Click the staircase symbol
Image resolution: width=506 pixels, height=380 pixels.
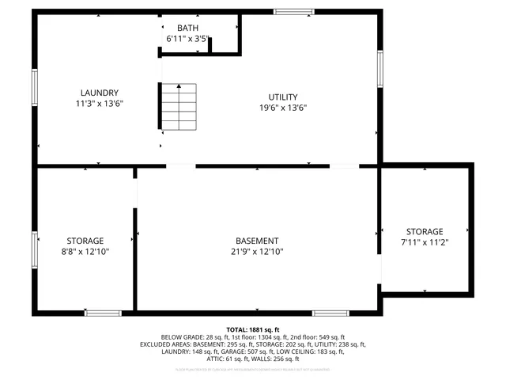(179, 108)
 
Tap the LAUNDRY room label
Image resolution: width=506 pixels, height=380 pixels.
(99, 92)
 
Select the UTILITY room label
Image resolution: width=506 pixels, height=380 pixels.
(283, 97)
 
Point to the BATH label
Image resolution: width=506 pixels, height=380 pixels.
(187, 28)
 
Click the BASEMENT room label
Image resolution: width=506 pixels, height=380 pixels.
(257, 241)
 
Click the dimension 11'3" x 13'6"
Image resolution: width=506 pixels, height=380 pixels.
(99, 103)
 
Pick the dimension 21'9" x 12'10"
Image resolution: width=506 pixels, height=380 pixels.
(257, 252)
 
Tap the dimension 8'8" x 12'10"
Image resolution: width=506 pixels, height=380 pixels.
(85, 252)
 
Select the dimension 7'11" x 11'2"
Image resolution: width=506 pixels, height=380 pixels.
(425, 242)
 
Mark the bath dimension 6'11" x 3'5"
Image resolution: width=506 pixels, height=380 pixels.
(187, 38)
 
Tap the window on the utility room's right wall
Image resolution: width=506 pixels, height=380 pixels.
(379, 70)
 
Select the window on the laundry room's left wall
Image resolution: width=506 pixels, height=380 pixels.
(35, 86)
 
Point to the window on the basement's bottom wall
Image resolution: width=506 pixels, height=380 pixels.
(330, 313)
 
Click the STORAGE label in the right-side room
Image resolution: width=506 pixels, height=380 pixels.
(425, 231)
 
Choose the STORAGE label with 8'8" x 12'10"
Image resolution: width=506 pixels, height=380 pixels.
(85, 241)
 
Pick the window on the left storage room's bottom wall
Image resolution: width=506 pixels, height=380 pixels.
(103, 313)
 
